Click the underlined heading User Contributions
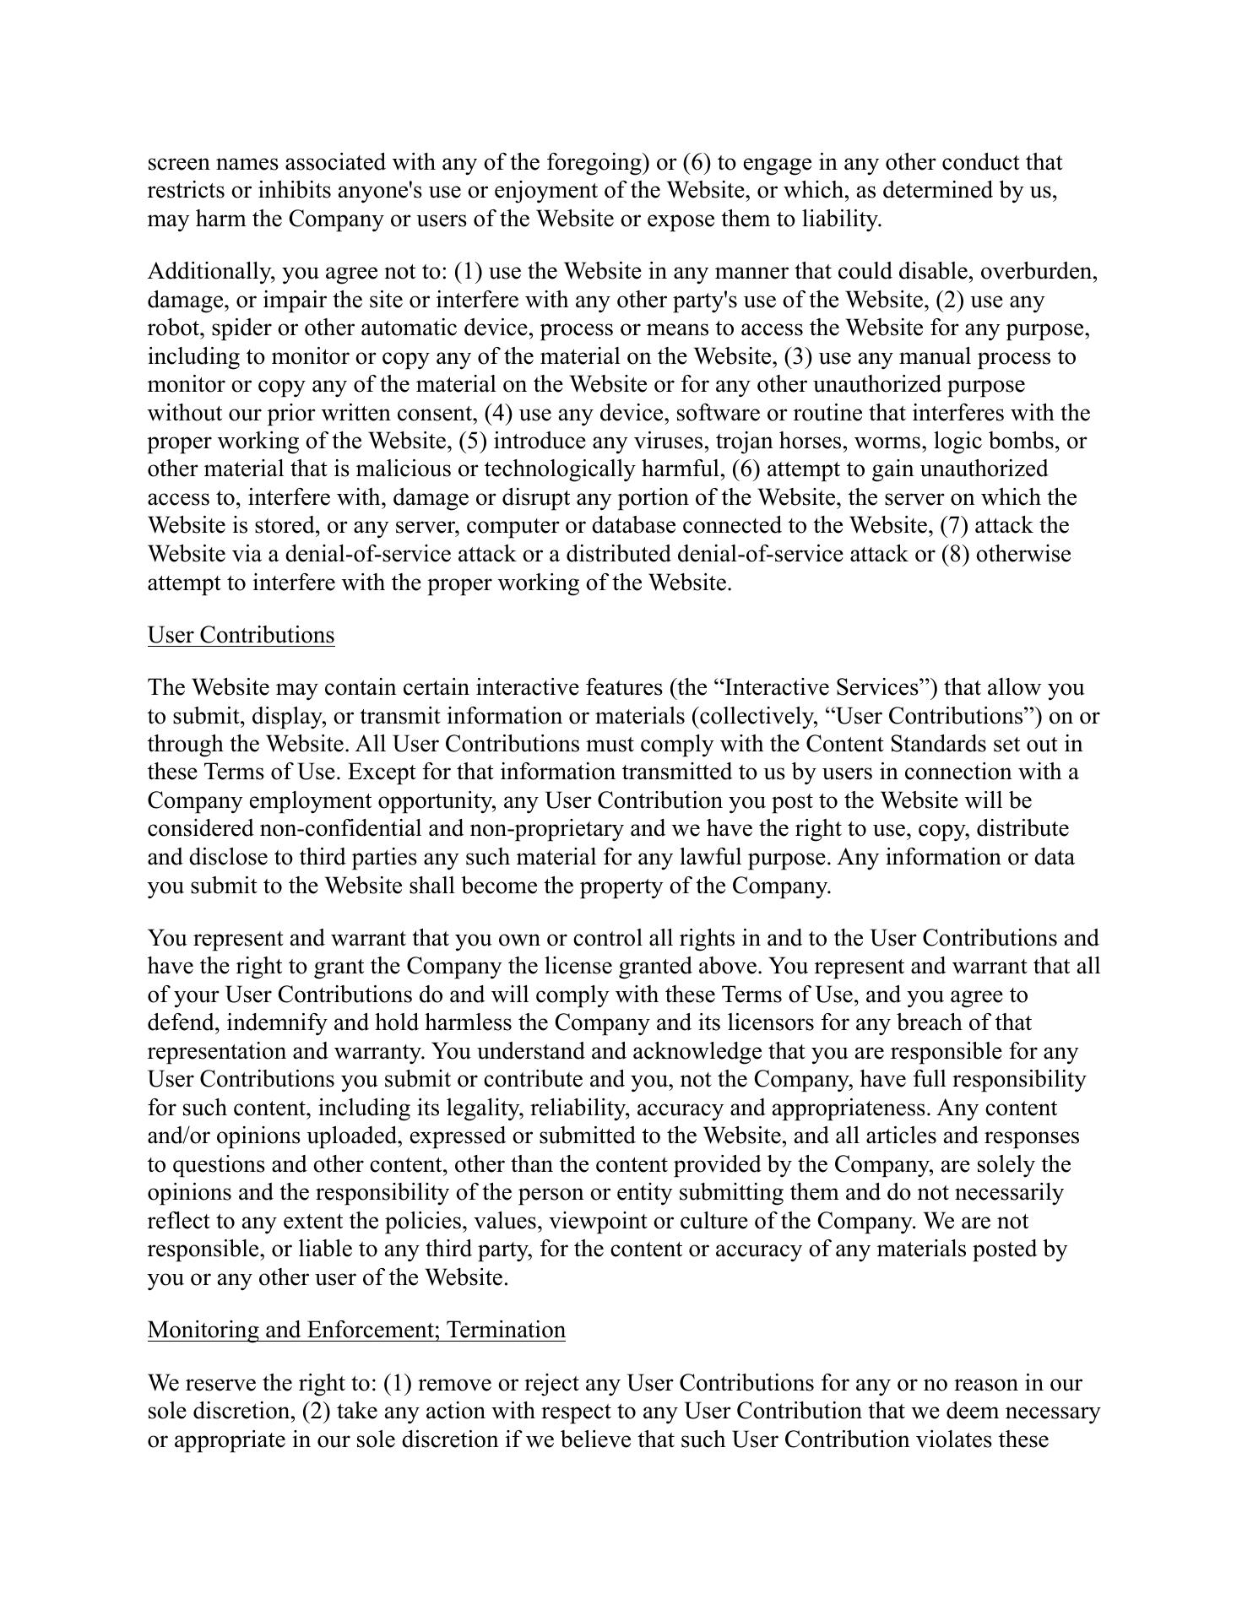[x=241, y=635]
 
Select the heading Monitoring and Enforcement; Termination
[x=356, y=1330]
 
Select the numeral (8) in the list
[x=955, y=555]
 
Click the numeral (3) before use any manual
[x=798, y=357]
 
